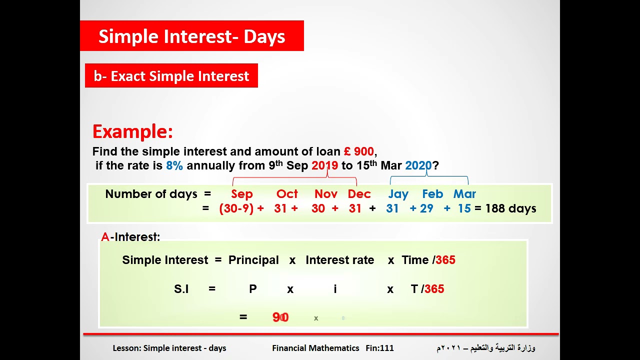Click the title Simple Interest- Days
click(191, 36)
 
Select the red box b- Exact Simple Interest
click(171, 76)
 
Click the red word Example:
click(132, 131)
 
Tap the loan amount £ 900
click(358, 151)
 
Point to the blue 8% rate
click(174, 165)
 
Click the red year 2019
click(324, 165)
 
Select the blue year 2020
click(418, 165)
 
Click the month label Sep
click(242, 194)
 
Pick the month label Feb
click(432, 194)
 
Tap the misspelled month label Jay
click(398, 194)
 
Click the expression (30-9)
click(236, 208)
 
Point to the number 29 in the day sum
click(426, 208)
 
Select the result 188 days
click(510, 208)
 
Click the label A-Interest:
click(130, 237)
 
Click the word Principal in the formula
click(253, 260)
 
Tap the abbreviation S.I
click(181, 289)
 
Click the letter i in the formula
click(335, 289)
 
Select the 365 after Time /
click(445, 260)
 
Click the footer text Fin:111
click(379, 348)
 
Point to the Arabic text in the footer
click(485, 348)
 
